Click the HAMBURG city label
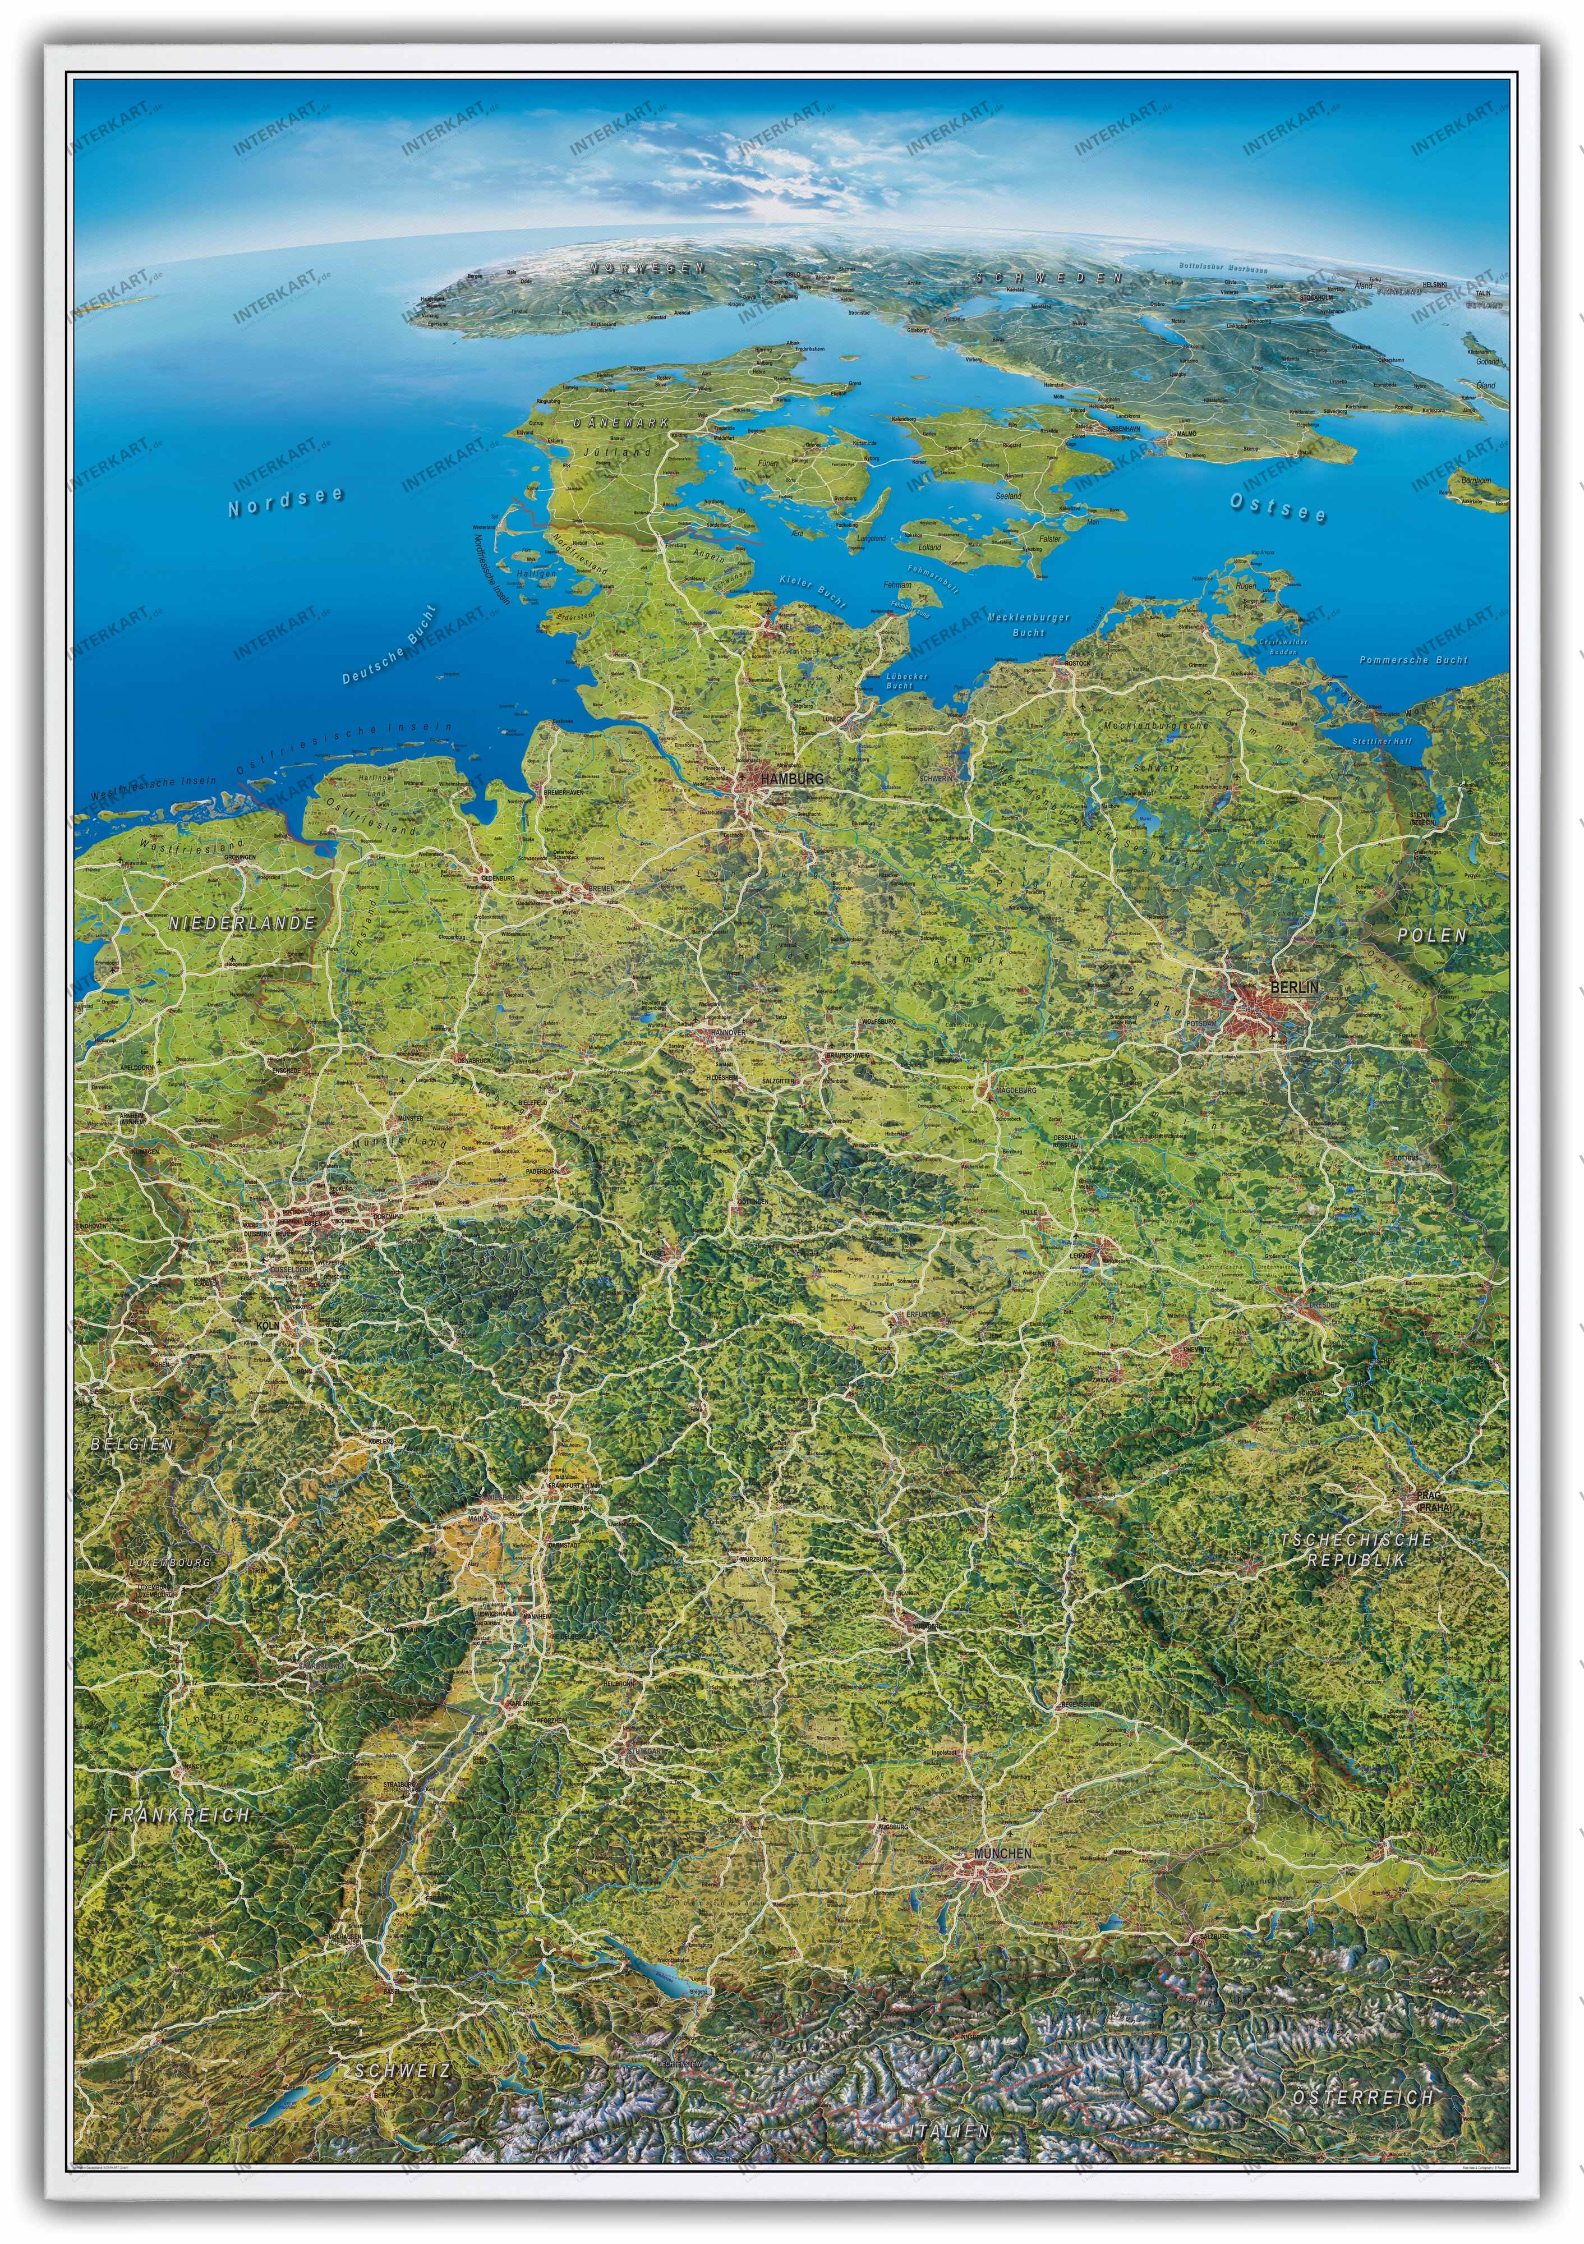coord(791,779)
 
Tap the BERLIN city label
coord(1294,987)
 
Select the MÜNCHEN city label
coord(1002,1853)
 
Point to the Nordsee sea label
coord(286,502)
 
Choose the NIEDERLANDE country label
coord(241,923)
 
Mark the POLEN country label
coord(1431,935)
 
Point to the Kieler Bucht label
coord(813,593)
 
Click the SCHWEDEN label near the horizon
coord(1048,278)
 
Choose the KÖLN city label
coord(267,1325)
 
